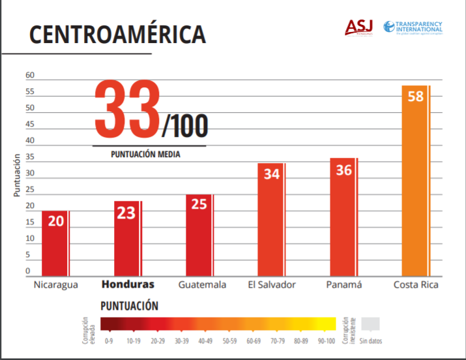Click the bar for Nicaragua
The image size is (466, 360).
pyautogui.click(x=55, y=244)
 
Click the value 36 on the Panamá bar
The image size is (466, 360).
pyautogui.click(x=344, y=170)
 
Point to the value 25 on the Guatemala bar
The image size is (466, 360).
pyautogui.click(x=199, y=203)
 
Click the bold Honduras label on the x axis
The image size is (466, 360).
pyautogui.click(x=127, y=284)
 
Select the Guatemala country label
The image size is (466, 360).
pyautogui.click(x=202, y=284)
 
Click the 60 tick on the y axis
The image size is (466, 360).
pyautogui.click(x=29, y=76)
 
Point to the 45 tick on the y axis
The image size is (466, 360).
pyautogui.click(x=29, y=125)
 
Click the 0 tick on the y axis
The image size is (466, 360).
pyautogui.click(x=28, y=271)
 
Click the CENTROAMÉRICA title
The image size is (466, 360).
pyautogui.click(x=117, y=35)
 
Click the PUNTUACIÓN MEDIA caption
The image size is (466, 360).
pyautogui.click(x=145, y=155)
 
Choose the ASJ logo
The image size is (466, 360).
pyautogui.click(x=359, y=27)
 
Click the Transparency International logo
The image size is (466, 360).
pyautogui.click(x=413, y=27)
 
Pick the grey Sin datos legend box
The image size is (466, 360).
pyautogui.click(x=370, y=325)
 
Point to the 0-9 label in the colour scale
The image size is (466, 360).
pyautogui.click(x=109, y=340)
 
